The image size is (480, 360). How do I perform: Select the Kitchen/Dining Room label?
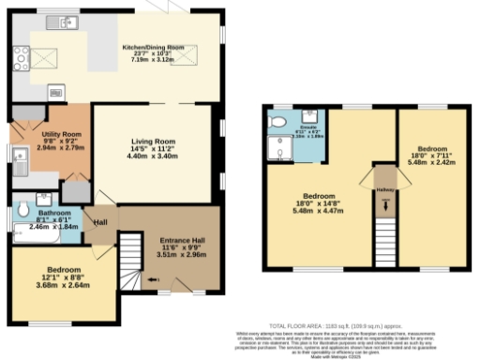[156, 55]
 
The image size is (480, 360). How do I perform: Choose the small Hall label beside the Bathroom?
[99, 221]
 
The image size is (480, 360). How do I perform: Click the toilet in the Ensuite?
[277, 123]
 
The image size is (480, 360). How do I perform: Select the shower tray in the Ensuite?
[279, 148]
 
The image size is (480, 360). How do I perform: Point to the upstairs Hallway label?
[384, 189]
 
